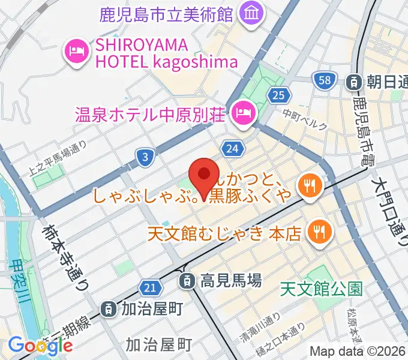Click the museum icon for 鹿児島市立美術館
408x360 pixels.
248,13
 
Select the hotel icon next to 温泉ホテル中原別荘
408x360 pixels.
243,111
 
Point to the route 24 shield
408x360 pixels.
233,148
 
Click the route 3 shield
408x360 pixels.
145,158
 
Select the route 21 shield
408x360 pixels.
151,287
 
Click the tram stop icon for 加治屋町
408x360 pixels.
109,309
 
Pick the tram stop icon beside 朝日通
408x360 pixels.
355,80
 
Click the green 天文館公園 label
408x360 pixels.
322,290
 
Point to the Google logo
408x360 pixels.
40,345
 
